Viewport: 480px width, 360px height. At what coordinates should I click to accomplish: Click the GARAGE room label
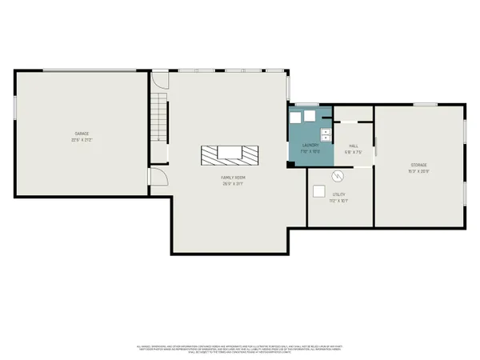pyautogui.click(x=82, y=133)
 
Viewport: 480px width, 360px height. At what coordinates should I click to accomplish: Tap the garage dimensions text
pyautogui.click(x=82, y=139)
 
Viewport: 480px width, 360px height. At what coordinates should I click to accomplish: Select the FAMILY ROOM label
pyautogui.click(x=233, y=177)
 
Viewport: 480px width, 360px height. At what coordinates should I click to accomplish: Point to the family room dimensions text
pyautogui.click(x=233, y=183)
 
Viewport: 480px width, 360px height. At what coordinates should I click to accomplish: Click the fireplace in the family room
pyautogui.click(x=230, y=154)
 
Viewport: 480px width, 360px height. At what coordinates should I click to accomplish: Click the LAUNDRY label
pyautogui.click(x=310, y=145)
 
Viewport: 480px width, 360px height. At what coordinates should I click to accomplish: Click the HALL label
pyautogui.click(x=353, y=146)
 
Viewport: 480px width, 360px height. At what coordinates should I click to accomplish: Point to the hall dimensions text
pyautogui.click(x=353, y=152)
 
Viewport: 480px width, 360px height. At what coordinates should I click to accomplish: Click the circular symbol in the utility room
pyautogui.click(x=337, y=176)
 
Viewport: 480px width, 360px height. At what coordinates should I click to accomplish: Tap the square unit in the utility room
pyautogui.click(x=319, y=190)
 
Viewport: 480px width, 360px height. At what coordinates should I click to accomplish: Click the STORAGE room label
pyautogui.click(x=419, y=165)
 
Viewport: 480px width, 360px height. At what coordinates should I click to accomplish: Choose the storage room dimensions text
pyautogui.click(x=419, y=171)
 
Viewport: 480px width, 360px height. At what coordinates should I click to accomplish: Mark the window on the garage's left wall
pyautogui.click(x=14, y=108)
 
